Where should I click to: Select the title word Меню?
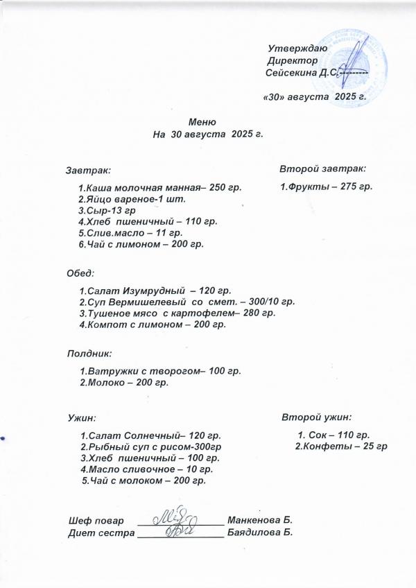207,122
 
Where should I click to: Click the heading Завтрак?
88,169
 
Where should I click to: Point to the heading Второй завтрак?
323,168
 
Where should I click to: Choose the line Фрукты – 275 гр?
326,187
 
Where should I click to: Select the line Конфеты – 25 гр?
340,445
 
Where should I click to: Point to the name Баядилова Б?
261,532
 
